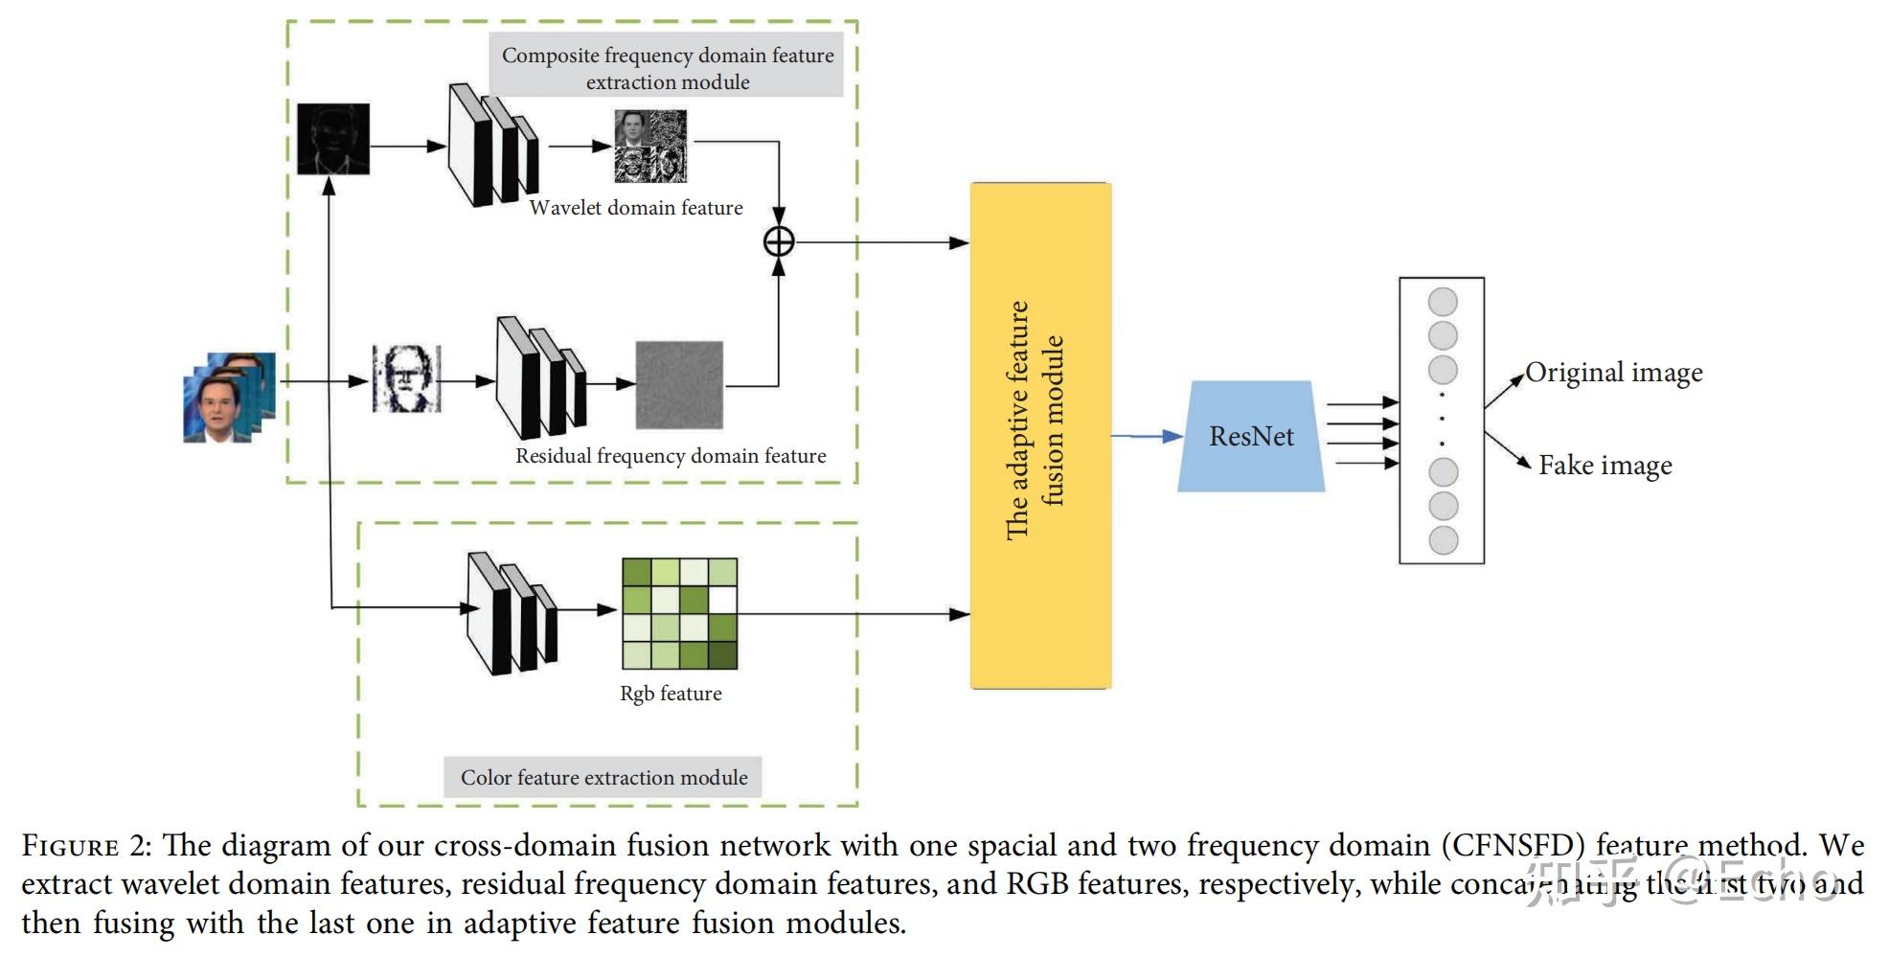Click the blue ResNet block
click(1250, 437)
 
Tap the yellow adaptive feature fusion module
click(1040, 436)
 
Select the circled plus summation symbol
click(779, 241)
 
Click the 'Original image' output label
click(1614, 373)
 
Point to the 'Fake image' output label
click(1605, 466)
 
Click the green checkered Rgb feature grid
click(679, 613)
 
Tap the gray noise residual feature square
click(679, 385)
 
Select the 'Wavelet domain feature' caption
click(636, 208)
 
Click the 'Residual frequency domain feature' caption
click(671, 456)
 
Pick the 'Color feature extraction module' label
click(603, 777)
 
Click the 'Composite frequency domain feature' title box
click(668, 67)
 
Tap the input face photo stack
click(229, 398)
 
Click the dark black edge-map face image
click(332, 139)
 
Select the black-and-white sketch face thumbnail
click(406, 379)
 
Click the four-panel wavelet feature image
click(650, 146)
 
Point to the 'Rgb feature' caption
click(671, 694)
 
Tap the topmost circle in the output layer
click(1443, 302)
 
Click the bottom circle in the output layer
click(1443, 540)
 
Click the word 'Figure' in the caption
click(70, 847)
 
